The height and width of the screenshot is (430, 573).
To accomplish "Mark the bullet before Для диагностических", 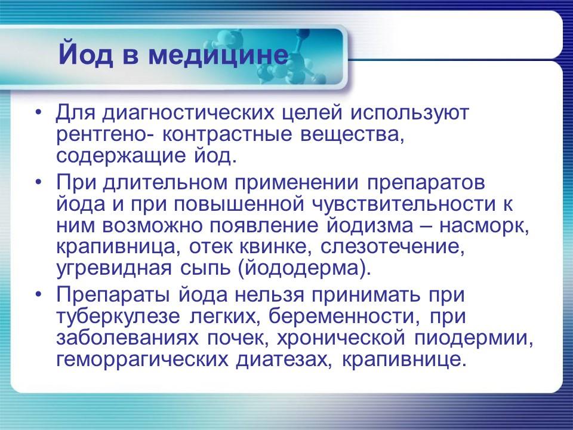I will point(39,112).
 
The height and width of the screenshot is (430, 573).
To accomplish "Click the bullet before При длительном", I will point(39,180).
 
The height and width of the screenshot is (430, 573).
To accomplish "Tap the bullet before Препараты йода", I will point(39,294).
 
